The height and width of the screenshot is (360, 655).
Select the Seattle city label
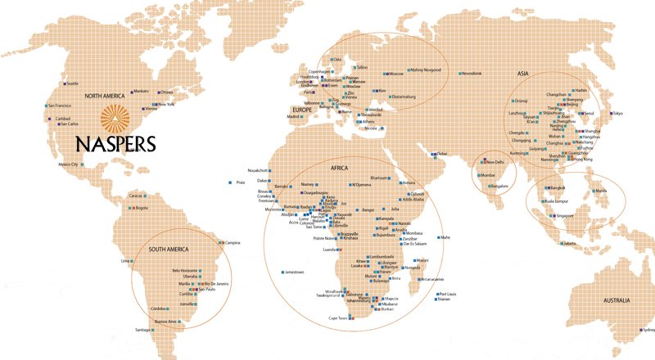click(72, 83)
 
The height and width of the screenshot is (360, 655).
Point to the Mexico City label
click(69, 164)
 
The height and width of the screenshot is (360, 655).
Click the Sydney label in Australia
click(648, 330)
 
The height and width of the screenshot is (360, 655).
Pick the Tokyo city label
click(617, 112)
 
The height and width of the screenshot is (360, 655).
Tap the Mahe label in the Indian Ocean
click(445, 236)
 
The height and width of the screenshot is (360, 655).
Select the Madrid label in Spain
click(294, 117)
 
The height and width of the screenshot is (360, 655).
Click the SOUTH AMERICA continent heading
click(168, 249)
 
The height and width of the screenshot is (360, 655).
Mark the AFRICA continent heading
click(340, 167)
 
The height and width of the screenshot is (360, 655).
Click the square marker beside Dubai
click(435, 154)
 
